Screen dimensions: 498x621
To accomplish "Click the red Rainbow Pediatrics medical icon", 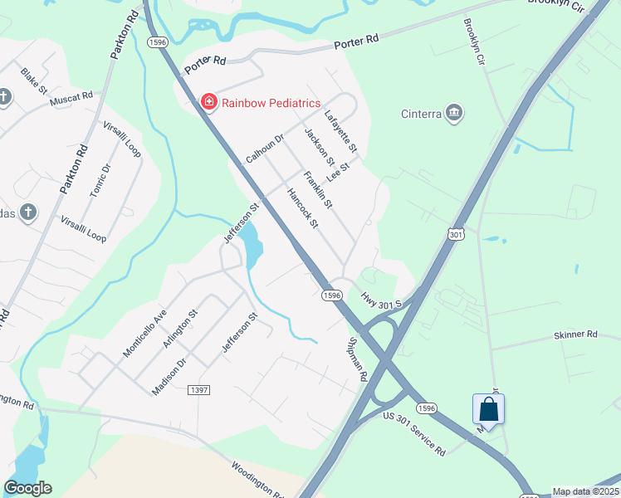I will tap(208, 102).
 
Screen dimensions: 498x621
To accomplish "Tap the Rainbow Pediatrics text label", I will tap(271, 103).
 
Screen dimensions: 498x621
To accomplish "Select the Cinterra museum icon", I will tap(453, 113).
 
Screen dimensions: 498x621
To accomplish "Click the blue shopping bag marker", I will tap(488, 409).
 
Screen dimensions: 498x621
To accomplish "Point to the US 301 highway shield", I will tap(456, 235).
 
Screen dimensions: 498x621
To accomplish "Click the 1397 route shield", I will tap(199, 390).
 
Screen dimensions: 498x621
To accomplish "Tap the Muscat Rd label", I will tap(71, 98).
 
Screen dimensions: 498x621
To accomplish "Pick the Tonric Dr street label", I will tap(100, 180).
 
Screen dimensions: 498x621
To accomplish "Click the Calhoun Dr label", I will tap(265, 148).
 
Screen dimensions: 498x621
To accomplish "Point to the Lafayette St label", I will tap(340, 131).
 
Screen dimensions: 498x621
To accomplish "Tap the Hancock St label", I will tap(302, 207).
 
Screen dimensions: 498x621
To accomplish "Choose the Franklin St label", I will tap(318, 189).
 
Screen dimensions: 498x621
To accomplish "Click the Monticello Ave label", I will tap(144, 333).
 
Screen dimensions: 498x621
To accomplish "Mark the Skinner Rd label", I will tap(575, 335).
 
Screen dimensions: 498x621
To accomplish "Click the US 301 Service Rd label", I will tap(413, 435).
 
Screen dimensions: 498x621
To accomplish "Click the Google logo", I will tap(28, 488).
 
